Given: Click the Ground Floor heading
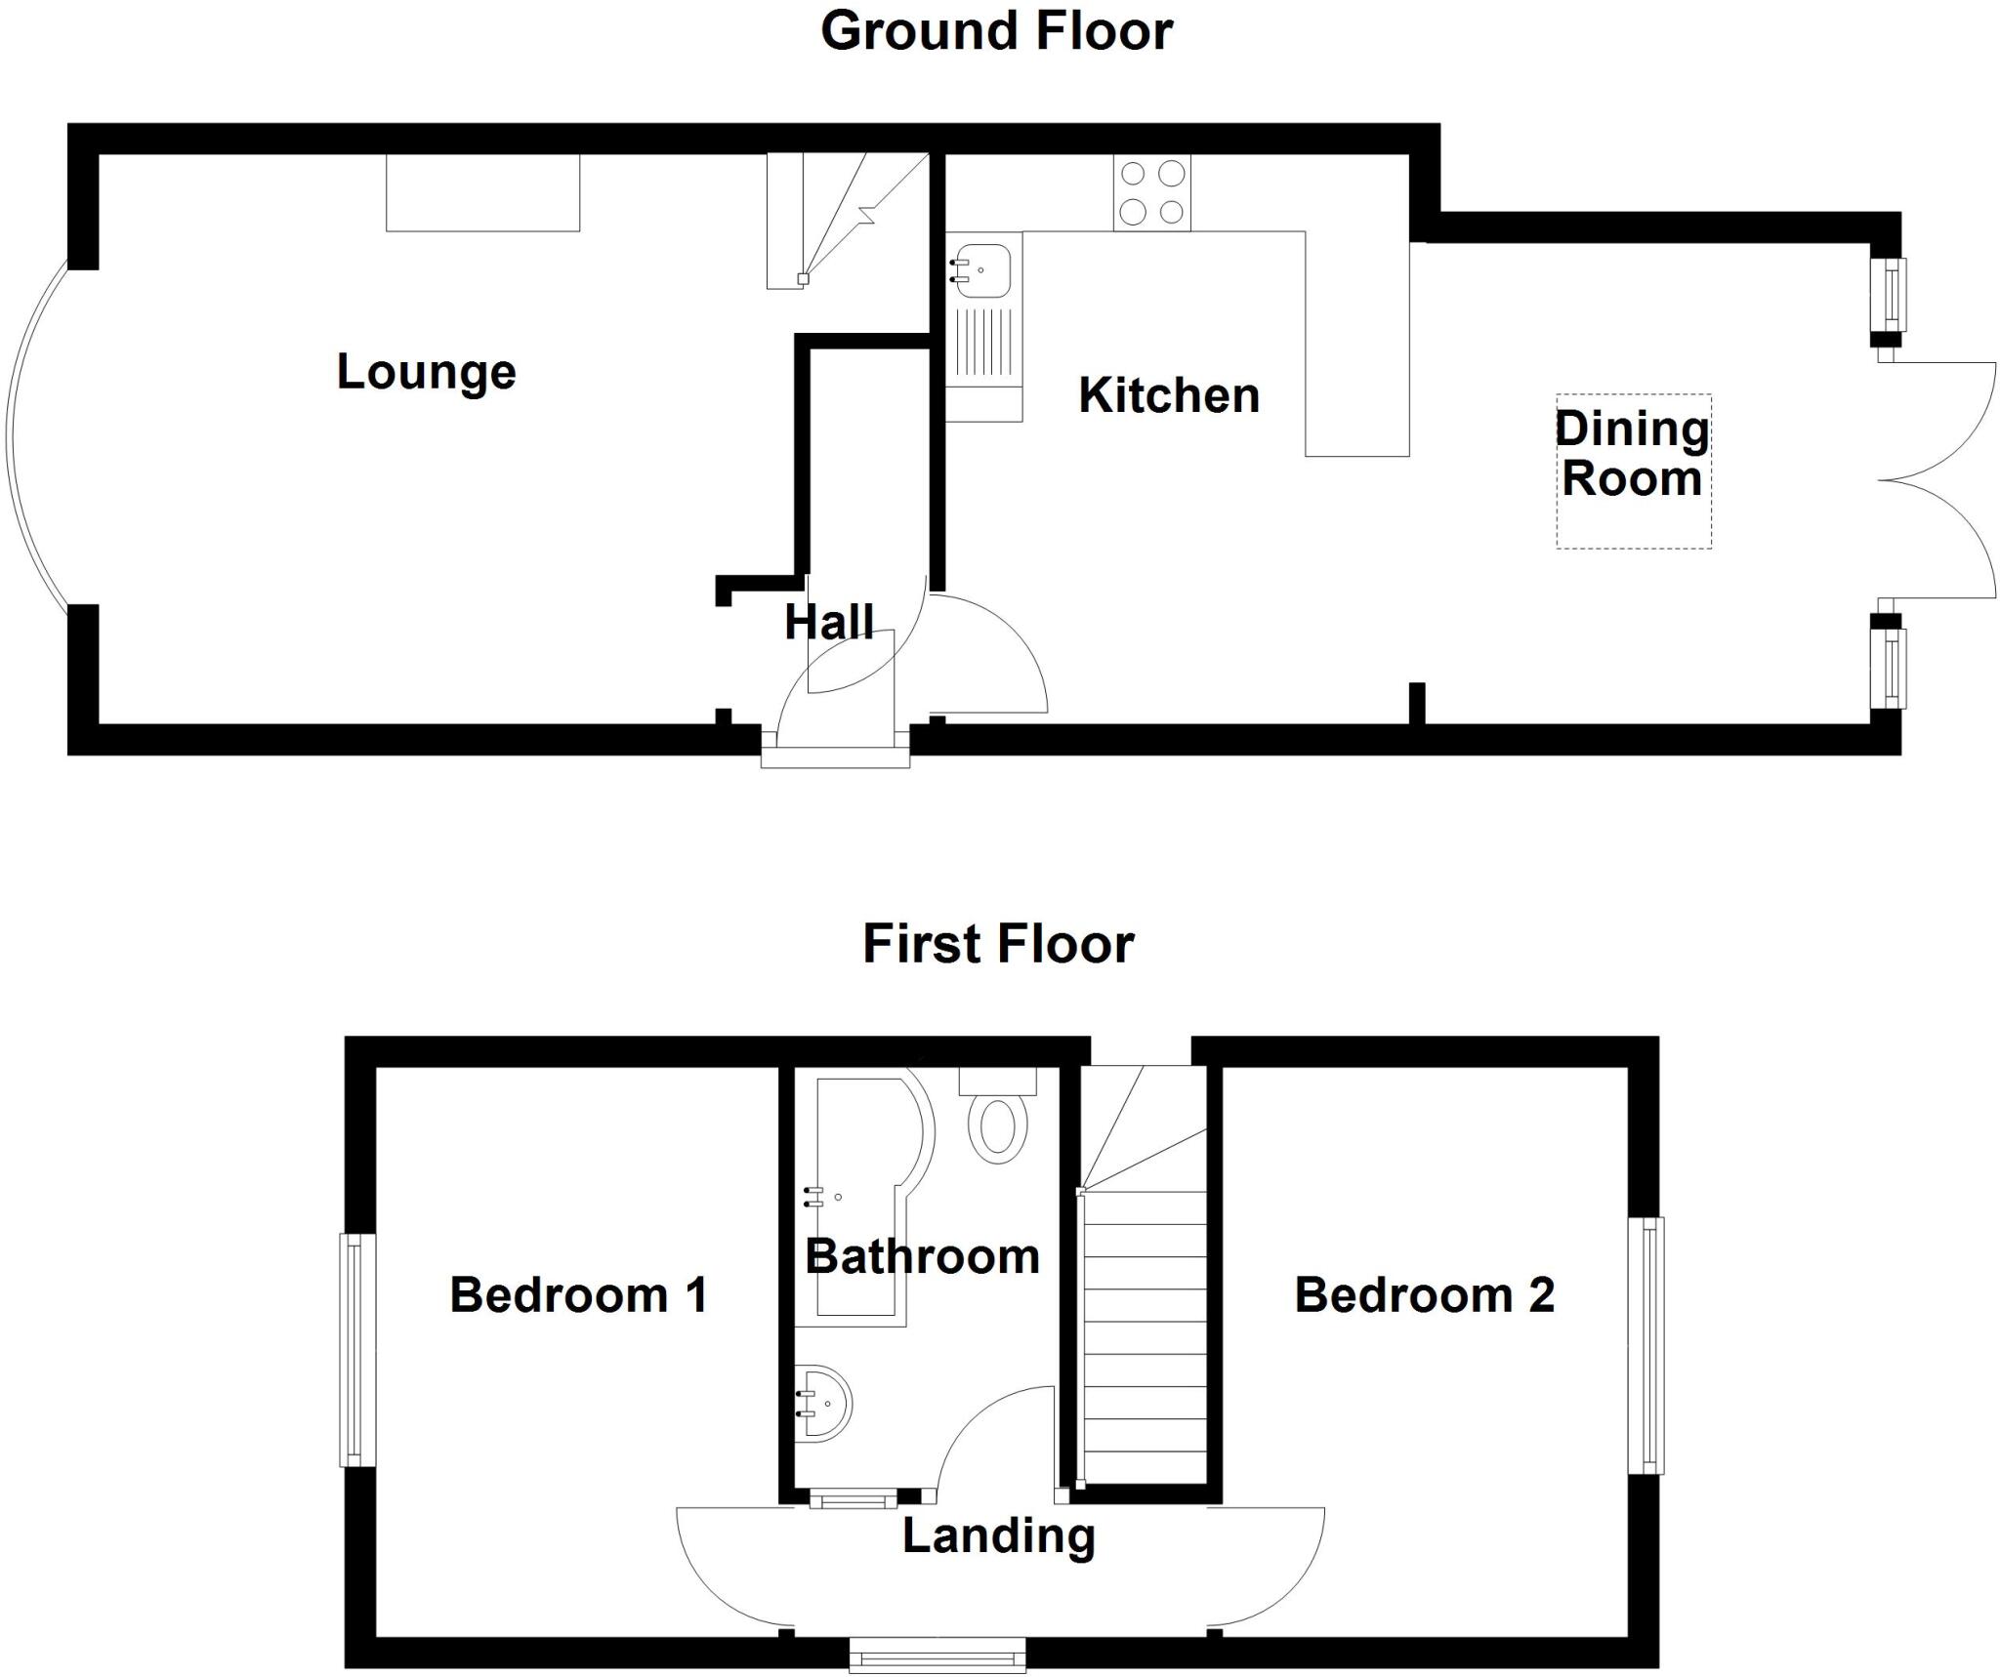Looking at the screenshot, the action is point(996,31).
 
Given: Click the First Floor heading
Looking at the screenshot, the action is point(998,944).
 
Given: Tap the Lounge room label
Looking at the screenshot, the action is point(426,372).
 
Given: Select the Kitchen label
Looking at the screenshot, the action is point(1169,395).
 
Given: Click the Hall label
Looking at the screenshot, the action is point(829,623).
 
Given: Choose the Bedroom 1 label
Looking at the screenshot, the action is point(578,1295).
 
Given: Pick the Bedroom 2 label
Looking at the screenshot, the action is point(1424,1295).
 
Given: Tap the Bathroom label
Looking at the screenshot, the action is point(922,1256).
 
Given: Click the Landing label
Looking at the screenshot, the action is point(998,1535).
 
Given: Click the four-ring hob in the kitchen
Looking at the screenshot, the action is point(1152,193).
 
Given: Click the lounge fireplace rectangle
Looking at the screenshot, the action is point(482,192).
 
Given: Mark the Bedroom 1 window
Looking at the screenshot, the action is point(357,1350).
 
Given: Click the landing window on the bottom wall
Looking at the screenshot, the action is point(937,1655).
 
